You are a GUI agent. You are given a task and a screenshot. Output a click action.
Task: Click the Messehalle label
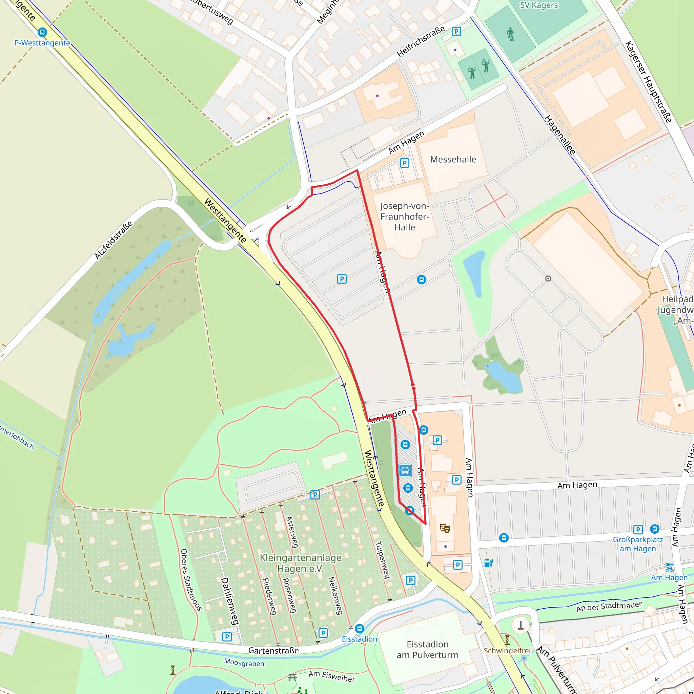[x=453, y=159]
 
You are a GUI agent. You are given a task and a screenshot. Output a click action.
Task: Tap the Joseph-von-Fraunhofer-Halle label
[x=405, y=216]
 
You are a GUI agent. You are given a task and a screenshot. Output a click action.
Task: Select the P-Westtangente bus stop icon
[x=42, y=32]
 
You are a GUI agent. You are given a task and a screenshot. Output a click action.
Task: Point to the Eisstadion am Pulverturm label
[x=427, y=650]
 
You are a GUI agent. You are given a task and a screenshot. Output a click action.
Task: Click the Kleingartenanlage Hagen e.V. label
[x=300, y=563]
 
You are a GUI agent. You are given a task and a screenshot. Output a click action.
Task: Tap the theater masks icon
[x=445, y=528]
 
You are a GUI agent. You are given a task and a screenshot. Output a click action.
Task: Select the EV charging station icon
[x=489, y=563]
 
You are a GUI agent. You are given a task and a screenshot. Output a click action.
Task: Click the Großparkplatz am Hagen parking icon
[x=638, y=529]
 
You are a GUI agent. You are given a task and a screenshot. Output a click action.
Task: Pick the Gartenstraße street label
[x=273, y=651]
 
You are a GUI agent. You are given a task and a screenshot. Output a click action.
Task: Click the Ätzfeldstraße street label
[x=114, y=240]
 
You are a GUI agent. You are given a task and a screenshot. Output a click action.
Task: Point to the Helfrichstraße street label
[x=421, y=41]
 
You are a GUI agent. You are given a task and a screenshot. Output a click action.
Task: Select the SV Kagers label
[x=539, y=5]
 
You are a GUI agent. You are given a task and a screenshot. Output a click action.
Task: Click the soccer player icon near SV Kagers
[x=510, y=35]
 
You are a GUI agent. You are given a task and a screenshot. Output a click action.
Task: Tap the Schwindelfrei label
[x=507, y=651]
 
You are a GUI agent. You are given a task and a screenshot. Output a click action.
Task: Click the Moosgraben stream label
[x=244, y=663]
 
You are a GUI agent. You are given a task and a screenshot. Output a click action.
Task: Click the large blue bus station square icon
[x=405, y=470]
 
